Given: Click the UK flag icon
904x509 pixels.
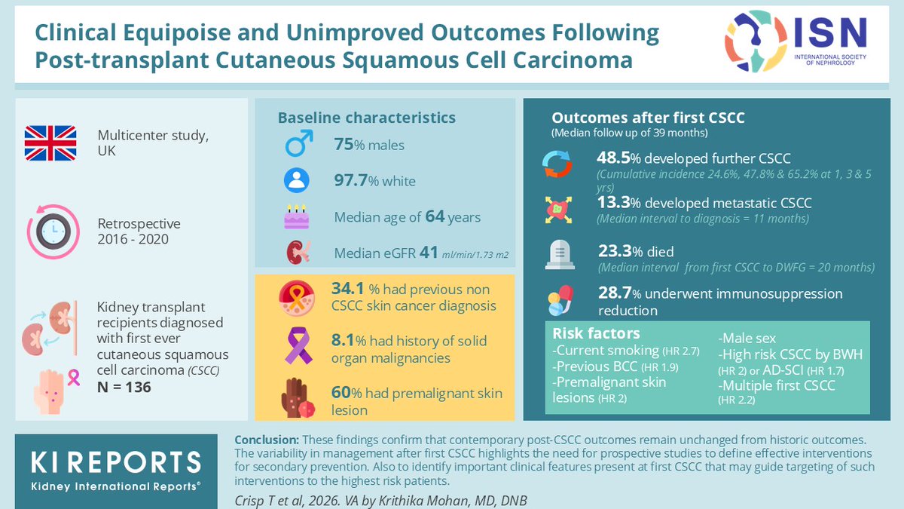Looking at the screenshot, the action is pyautogui.click(x=50, y=143).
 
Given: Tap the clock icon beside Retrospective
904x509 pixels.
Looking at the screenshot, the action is pyautogui.click(x=53, y=232).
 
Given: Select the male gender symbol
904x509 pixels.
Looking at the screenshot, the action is pyautogui.click(x=299, y=143).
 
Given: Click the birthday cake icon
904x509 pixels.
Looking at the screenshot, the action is pyautogui.click(x=297, y=217).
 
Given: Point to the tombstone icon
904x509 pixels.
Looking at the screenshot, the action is pyautogui.click(x=560, y=255).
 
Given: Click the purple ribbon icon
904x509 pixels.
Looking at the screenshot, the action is pyautogui.click(x=298, y=346).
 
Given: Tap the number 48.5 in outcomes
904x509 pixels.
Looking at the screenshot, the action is pyautogui.click(x=613, y=158).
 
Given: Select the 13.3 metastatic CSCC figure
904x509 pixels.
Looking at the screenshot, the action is pyautogui.click(x=613, y=202).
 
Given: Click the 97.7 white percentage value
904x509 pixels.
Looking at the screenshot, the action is pyautogui.click(x=351, y=180).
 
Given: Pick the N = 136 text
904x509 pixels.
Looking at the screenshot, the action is pyautogui.click(x=124, y=387).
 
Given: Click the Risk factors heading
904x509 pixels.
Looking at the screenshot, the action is pyautogui.click(x=596, y=333).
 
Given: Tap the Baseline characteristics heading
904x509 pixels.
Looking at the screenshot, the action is pyautogui.click(x=366, y=118).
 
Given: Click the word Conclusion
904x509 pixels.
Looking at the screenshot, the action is pyautogui.click(x=267, y=440).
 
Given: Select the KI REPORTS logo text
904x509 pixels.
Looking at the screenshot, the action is pyautogui.click(x=116, y=462).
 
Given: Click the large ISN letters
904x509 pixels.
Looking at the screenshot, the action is pyautogui.click(x=831, y=32).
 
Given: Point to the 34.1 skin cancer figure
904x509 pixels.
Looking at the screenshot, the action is pyautogui.click(x=347, y=289).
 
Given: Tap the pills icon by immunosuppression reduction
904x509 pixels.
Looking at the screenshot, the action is pyautogui.click(x=560, y=301).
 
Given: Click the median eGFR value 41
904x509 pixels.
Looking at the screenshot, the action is pyautogui.click(x=429, y=253).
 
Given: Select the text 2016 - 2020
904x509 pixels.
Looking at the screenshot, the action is pyautogui.click(x=133, y=239).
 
